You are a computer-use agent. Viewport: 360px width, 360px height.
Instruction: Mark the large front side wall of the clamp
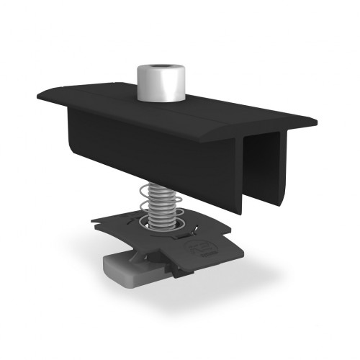point(144,151)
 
